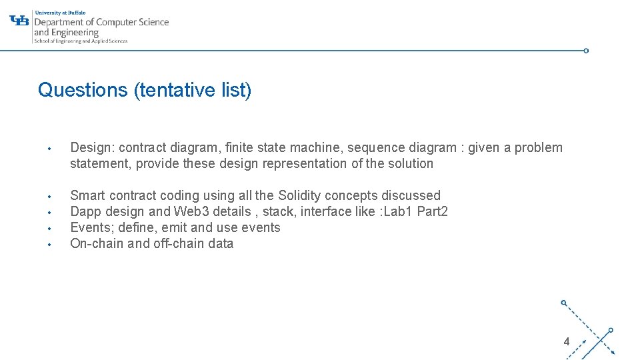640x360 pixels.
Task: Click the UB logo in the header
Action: [x=19, y=21]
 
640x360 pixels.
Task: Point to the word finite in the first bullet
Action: [x=239, y=148]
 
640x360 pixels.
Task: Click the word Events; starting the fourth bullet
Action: [x=91, y=228]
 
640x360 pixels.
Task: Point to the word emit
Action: [x=174, y=228]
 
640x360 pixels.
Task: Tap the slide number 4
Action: [x=566, y=342]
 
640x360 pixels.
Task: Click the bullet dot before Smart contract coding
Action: [x=49, y=197]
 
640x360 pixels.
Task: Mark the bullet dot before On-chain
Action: [x=49, y=245]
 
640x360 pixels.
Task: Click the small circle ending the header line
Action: [x=586, y=51]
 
